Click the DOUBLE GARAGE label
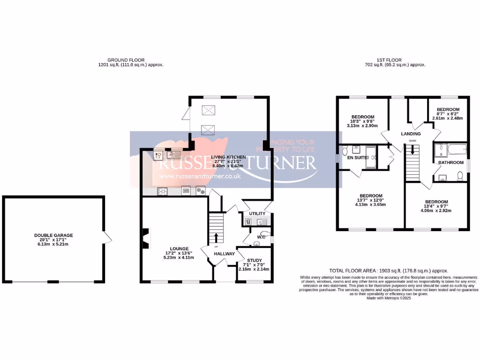(53, 235)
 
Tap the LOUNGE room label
(180, 248)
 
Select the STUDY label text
(255, 260)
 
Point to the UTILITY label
(257, 214)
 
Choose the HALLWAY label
(225, 254)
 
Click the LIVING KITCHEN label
(228, 157)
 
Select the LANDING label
(411, 134)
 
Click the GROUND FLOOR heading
(126, 60)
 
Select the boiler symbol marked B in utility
(248, 222)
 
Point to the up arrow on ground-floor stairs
(216, 237)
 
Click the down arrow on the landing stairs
(412, 150)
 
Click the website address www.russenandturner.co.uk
(200, 176)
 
